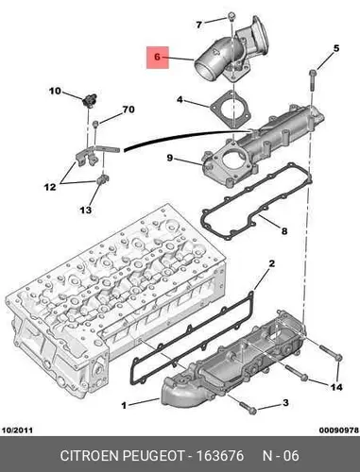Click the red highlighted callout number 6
point(158,57)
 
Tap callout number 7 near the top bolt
point(198,25)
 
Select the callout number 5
point(336,48)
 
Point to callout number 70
point(129,110)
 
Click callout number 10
point(55,92)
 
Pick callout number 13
point(85,210)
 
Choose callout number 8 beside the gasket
point(284,231)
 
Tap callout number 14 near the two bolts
point(335,387)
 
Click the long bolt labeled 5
point(314,80)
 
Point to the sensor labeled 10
point(89,100)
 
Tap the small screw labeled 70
point(95,124)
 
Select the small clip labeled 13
point(102,179)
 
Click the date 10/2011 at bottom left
point(17,430)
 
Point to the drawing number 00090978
point(339,430)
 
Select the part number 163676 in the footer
point(220,456)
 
